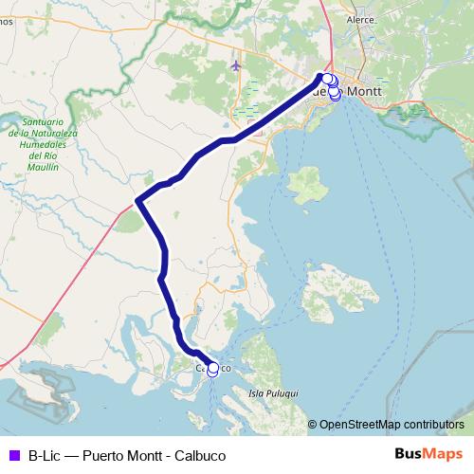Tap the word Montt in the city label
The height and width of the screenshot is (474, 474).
tap(365, 92)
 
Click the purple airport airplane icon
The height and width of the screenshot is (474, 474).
tap(235, 65)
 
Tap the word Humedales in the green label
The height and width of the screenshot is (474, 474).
tap(47, 145)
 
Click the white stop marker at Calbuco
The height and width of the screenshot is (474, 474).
tap(212, 369)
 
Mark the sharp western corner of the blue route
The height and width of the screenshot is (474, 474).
tap(137, 200)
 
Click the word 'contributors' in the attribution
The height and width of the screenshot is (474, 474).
tap(433, 425)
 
